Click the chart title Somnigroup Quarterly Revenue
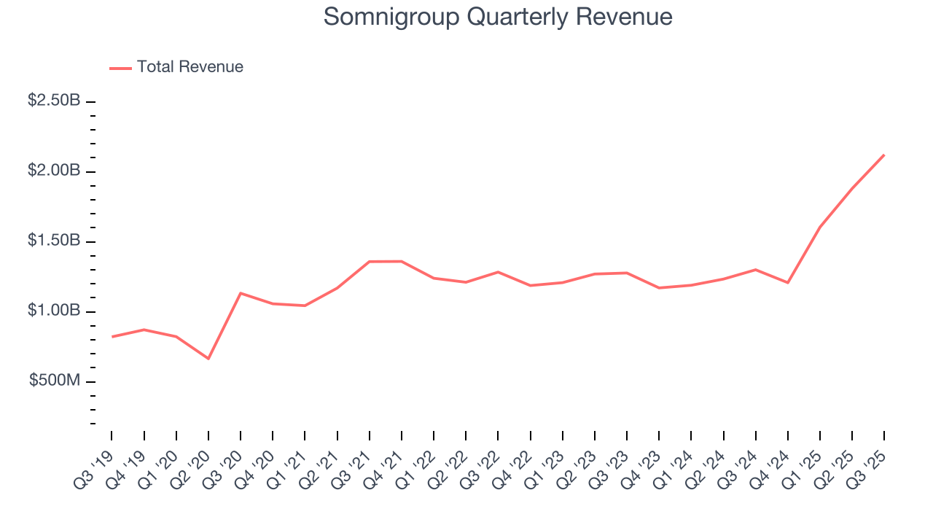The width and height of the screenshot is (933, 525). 498,17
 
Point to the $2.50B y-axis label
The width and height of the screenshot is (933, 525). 54,101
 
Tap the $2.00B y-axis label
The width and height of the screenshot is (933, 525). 54,171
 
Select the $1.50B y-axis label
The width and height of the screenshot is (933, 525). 54,241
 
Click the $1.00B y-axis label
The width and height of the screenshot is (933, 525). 54,311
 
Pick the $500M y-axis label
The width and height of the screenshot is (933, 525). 55,381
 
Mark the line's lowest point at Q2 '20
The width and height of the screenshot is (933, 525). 208,359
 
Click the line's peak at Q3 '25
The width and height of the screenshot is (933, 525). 884,155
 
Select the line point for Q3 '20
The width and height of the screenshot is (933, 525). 241,293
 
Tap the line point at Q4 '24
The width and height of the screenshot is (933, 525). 788,282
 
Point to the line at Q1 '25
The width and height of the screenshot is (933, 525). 820,227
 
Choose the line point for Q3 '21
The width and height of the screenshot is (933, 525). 370,262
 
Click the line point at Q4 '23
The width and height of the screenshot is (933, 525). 659,288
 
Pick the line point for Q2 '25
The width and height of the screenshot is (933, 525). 852,188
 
